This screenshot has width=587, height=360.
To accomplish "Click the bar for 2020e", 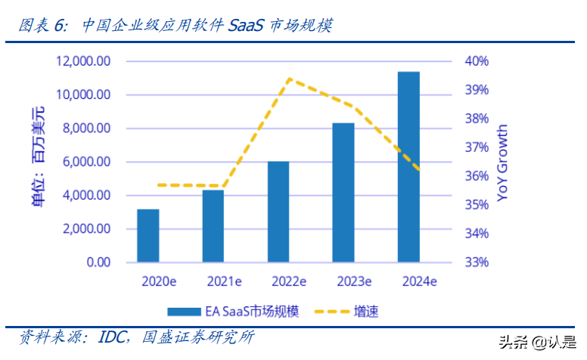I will (x=148, y=235).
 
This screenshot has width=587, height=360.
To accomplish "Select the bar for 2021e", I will (x=213, y=226).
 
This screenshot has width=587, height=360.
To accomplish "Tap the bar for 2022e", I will (x=278, y=212).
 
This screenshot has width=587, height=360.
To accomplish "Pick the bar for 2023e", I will (x=343, y=192).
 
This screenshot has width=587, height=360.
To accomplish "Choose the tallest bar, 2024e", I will (x=408, y=166).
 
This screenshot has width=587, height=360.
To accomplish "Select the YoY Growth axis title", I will (x=503, y=163).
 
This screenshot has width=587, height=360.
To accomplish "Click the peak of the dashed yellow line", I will (x=289, y=79).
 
